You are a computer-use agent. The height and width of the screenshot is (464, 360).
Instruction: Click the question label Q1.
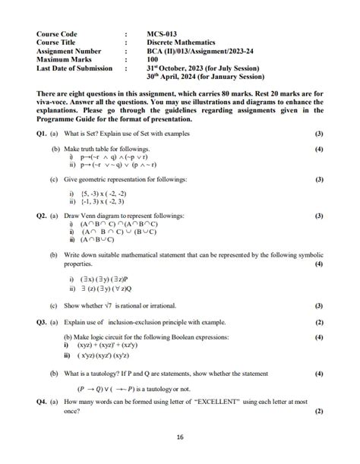[43, 134]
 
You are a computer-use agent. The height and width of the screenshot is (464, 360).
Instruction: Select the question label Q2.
[43, 216]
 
